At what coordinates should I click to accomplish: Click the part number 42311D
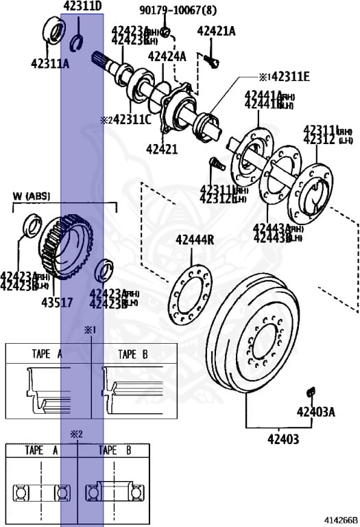point(82,7)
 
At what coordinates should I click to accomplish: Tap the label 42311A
point(49,64)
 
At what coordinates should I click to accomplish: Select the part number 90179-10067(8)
point(167,10)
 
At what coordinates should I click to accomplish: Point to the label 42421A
point(216,31)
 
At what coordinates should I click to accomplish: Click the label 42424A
point(167,56)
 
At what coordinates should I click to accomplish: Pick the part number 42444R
point(195,239)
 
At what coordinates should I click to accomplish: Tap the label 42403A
point(315,412)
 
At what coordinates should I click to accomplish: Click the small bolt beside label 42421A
point(212,62)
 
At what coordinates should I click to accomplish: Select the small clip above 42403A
point(310,391)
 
